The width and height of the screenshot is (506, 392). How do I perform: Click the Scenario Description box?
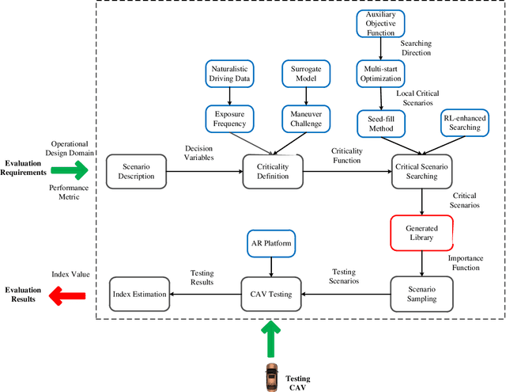tap(136, 170)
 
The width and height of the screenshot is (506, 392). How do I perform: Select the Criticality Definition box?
tap(272, 170)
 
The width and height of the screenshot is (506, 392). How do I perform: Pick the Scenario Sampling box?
tap(422, 295)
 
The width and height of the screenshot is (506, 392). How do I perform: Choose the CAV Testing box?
tap(272, 295)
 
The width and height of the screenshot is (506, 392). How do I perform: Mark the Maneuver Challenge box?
tap(305, 120)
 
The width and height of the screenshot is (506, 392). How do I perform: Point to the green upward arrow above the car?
tap(272, 338)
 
